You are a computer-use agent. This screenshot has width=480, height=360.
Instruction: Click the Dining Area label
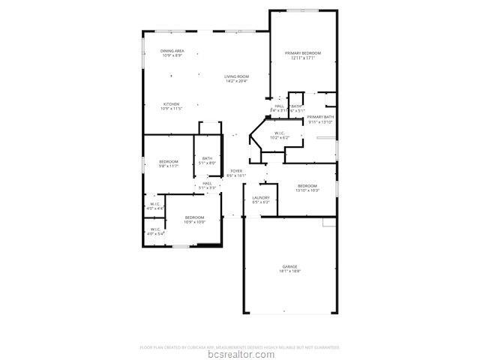[172, 51]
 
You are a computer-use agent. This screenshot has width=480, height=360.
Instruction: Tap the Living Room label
[237, 76]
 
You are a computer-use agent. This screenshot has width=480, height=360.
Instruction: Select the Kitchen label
[172, 104]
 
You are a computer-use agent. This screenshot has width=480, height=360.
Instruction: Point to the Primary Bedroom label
[302, 53]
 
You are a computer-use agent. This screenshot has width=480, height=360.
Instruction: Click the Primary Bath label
[320, 117]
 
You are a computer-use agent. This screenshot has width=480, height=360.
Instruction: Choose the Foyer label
[236, 171]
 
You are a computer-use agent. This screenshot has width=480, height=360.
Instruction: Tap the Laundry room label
[261, 198]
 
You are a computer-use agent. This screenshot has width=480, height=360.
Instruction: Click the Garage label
[289, 266]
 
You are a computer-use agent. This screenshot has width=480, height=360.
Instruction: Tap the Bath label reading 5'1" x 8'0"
[207, 157]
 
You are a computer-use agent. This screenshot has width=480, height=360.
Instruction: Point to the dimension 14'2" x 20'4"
[237, 81]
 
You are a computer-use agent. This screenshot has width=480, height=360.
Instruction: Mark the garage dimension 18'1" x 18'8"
[289, 271]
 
